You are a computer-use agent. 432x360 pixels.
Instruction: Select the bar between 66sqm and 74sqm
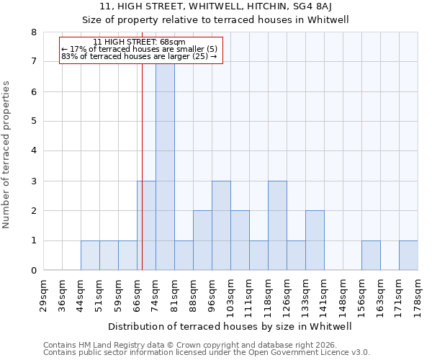point(146,225)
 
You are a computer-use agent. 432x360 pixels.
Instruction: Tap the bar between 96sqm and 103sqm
point(221,225)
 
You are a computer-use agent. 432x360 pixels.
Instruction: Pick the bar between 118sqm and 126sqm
point(277,225)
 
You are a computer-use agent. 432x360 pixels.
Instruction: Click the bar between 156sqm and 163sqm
point(371,256)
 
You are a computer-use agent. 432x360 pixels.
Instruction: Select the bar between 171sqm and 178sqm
point(408,256)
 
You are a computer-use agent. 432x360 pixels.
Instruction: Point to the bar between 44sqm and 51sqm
point(90,256)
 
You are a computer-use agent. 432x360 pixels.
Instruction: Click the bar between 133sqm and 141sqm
point(315,240)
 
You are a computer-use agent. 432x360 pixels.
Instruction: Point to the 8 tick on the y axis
point(34,32)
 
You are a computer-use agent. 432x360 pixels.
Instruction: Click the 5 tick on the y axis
point(34,122)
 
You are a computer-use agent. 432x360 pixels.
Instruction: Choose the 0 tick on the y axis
point(34,271)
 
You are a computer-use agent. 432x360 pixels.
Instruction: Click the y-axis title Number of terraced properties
point(7,155)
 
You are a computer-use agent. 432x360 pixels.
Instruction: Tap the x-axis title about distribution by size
point(230,326)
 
